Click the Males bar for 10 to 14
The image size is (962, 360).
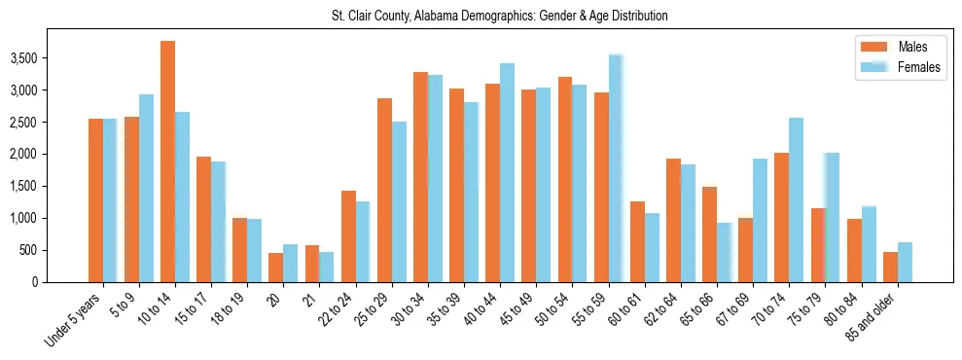click(x=167, y=162)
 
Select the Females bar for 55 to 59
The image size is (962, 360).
click(x=616, y=168)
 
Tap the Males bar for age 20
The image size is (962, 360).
click(x=276, y=268)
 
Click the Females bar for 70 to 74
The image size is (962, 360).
click(x=797, y=200)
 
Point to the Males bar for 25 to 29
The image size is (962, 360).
click(x=384, y=191)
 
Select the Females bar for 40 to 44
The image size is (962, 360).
click(x=507, y=173)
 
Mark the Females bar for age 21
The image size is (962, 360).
click(x=327, y=268)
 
